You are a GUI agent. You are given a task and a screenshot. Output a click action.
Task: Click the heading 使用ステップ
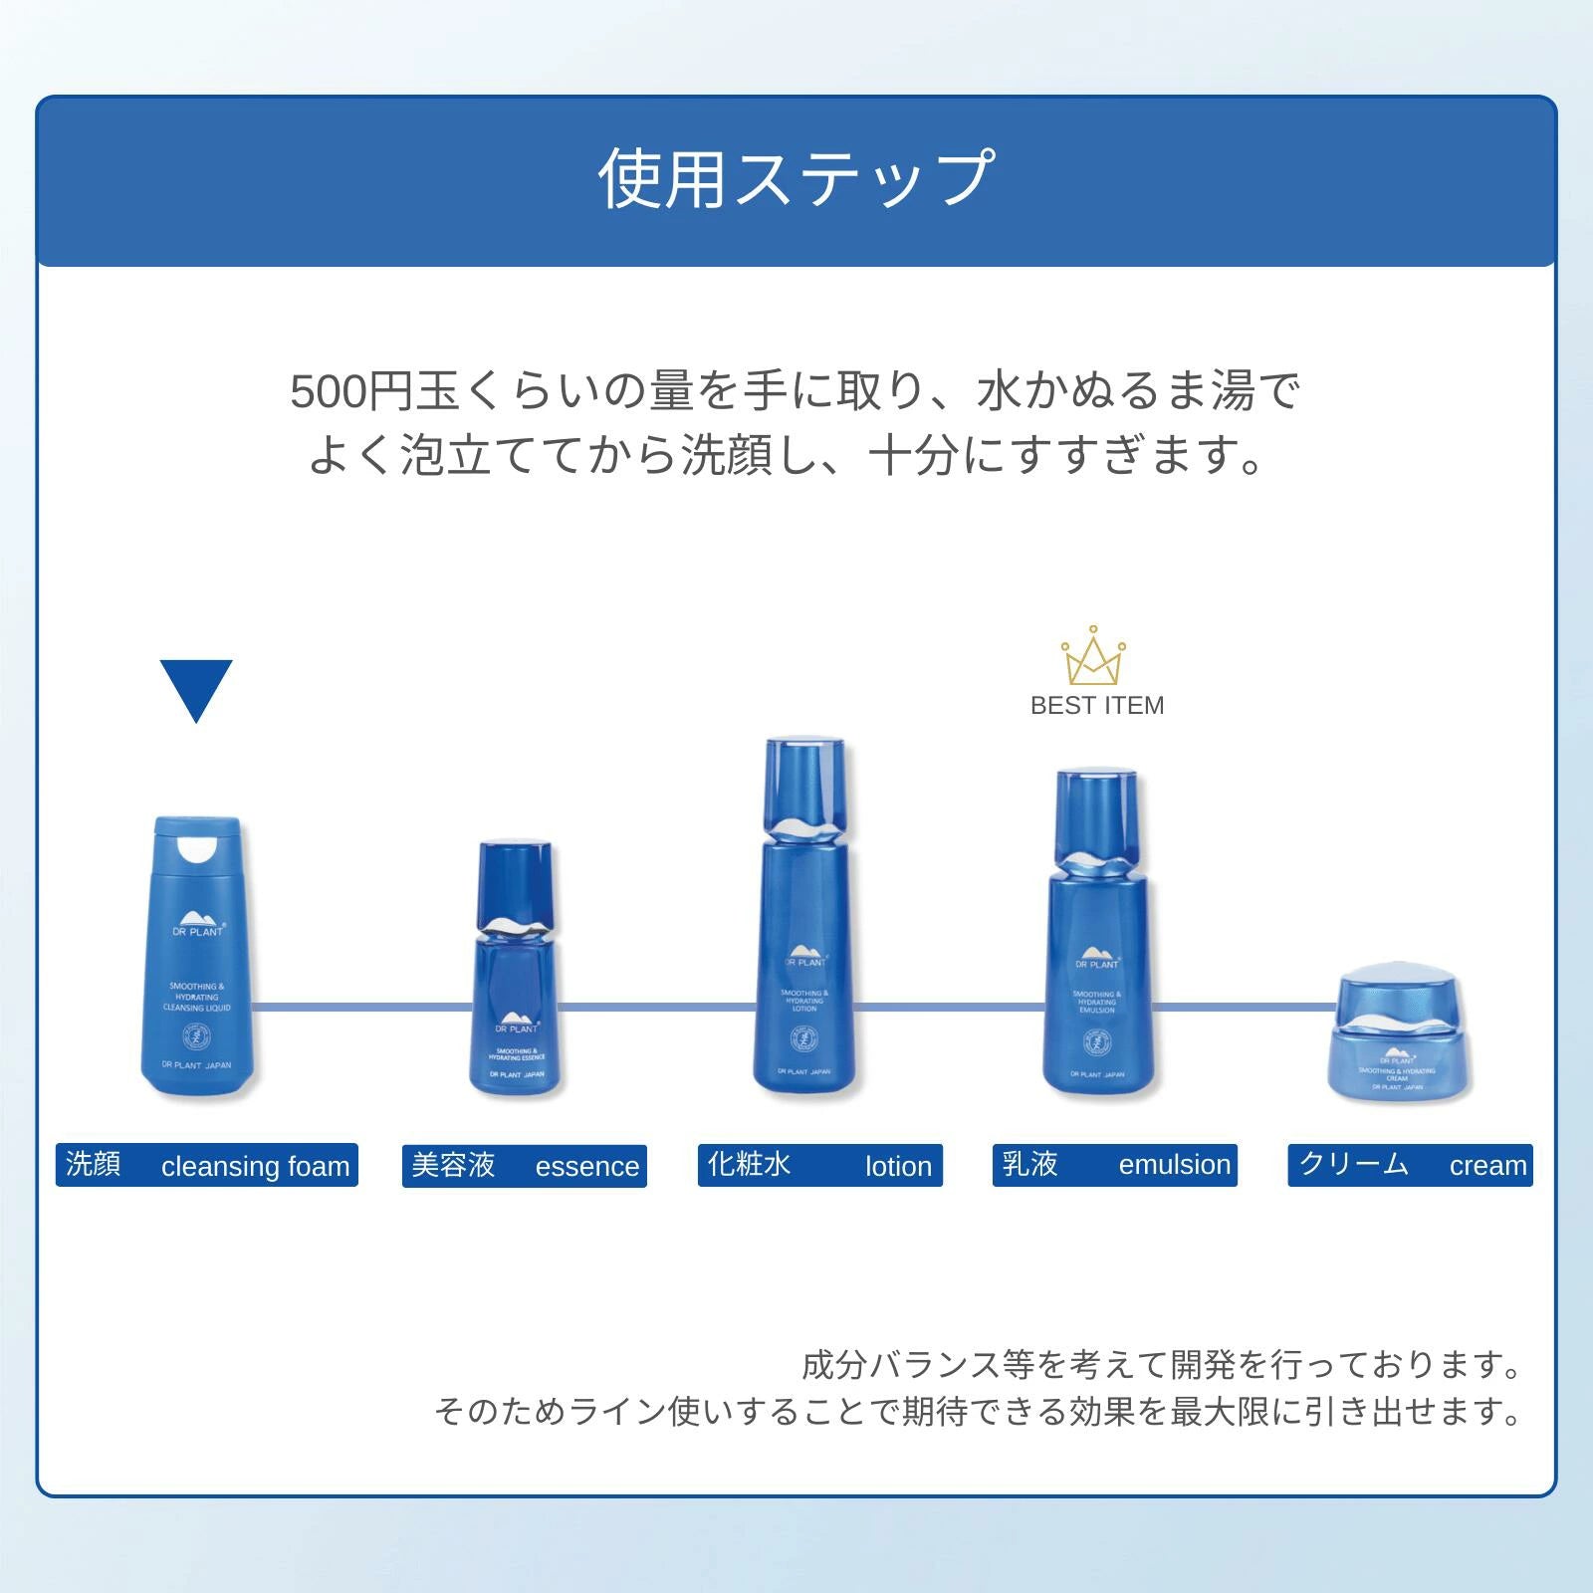(796, 179)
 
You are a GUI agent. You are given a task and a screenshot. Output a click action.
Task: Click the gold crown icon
(1092, 657)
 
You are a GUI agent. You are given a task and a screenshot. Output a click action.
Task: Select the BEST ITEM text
(1097, 706)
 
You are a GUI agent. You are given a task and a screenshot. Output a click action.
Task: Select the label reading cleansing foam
(255, 1166)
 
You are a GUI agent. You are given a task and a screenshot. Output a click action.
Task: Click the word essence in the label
(587, 1166)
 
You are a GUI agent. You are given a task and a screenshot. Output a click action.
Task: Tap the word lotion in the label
(898, 1166)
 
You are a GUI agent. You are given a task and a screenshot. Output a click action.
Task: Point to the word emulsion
(1175, 1165)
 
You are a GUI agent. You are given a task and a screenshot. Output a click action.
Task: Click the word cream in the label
(1487, 1166)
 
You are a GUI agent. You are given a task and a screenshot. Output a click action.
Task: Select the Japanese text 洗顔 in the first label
(93, 1164)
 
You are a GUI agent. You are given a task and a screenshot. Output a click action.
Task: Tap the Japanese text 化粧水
(749, 1164)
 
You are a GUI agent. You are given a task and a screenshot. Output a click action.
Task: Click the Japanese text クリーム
(1354, 1164)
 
